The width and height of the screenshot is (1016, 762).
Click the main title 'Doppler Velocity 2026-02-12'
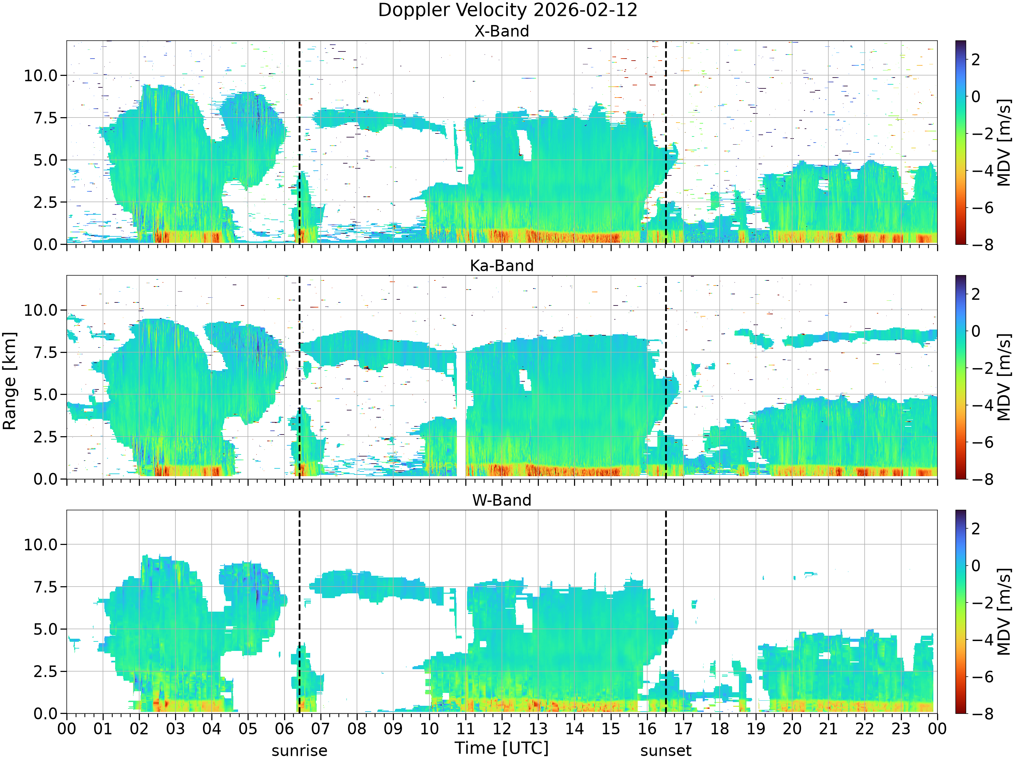coord(508,10)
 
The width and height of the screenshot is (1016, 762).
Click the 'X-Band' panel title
coord(502,31)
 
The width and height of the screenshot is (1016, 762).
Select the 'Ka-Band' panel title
coord(502,266)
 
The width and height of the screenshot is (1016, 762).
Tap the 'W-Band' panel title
coord(502,500)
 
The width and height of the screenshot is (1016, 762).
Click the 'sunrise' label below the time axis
coord(299,750)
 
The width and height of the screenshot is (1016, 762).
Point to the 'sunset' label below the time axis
coord(666,750)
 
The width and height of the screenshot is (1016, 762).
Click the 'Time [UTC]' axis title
coord(502,748)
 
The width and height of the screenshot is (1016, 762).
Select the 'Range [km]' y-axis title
coord(9,381)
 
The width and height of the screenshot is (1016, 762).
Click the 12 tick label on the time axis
coord(502,729)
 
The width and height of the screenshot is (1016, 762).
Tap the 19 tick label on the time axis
coord(756,729)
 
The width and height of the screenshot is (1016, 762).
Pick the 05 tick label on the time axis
coord(248,729)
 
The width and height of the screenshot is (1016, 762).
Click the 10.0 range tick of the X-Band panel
coord(41,76)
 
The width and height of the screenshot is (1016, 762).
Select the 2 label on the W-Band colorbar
coord(976,529)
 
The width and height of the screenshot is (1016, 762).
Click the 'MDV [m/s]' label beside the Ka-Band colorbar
coord(1004,377)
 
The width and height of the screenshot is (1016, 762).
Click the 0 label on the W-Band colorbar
coord(976,566)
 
